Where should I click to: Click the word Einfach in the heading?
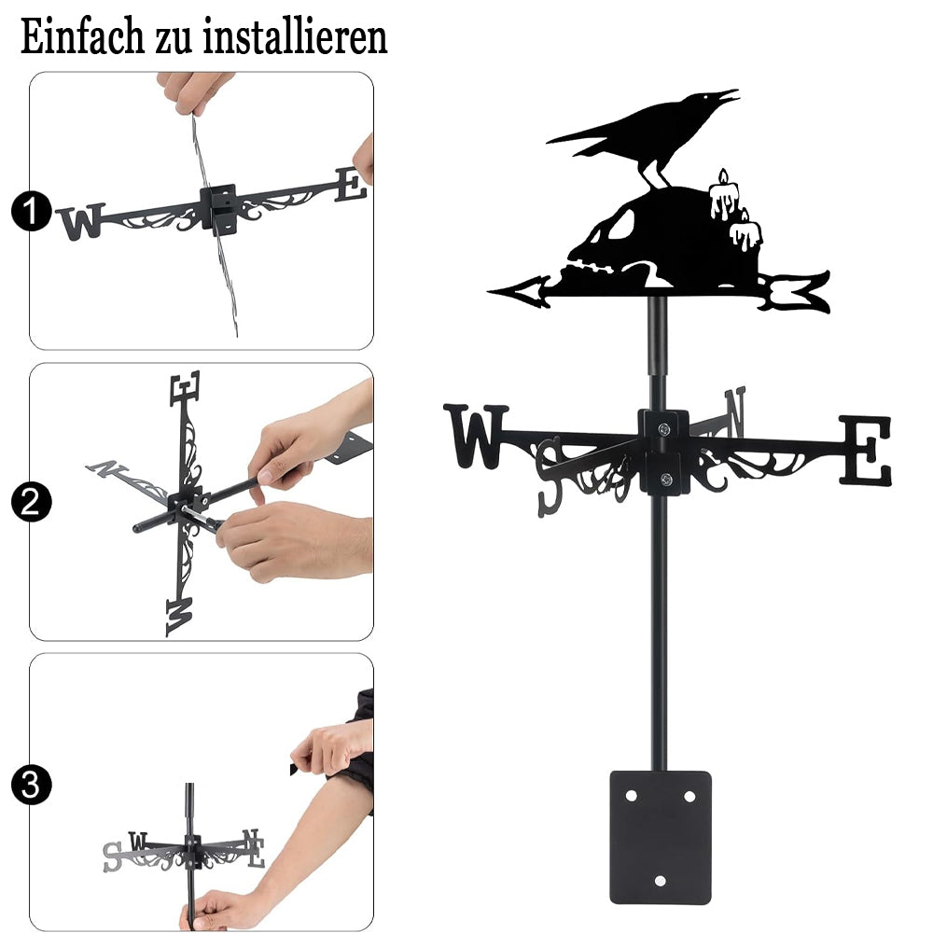pyautogui.click(x=81, y=37)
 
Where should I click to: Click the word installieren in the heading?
pyautogui.click(x=295, y=37)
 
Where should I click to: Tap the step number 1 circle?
pyautogui.click(x=31, y=211)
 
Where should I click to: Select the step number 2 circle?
pyautogui.click(x=31, y=502)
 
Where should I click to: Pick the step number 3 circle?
pyautogui.click(x=31, y=785)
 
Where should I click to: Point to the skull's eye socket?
pyautogui.click(x=621, y=223)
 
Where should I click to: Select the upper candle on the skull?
pyautogui.click(x=724, y=195)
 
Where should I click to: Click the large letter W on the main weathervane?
pyautogui.click(x=476, y=436)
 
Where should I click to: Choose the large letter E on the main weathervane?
pyautogui.click(x=866, y=450)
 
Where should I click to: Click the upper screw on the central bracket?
pyautogui.click(x=664, y=428)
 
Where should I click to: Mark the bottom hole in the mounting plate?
pyautogui.click(x=660, y=881)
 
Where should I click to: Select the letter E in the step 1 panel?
pyautogui.click(x=350, y=184)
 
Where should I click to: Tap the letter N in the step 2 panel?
pyautogui.click(x=107, y=468)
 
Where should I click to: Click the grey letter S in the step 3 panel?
pyautogui.click(x=113, y=856)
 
